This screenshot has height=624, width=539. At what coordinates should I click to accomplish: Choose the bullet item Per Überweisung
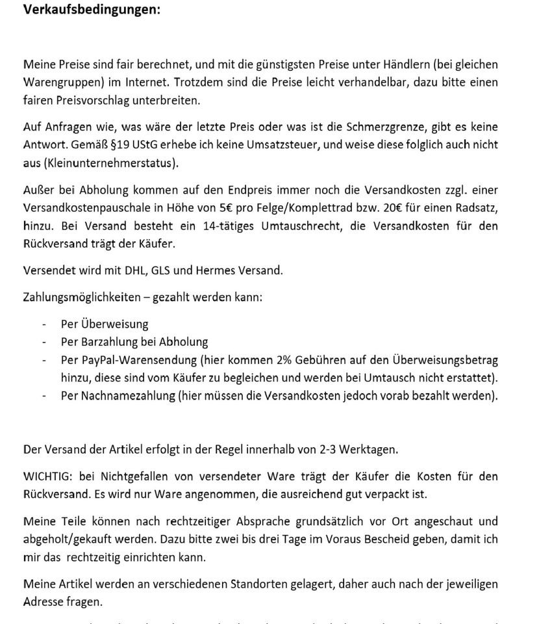pos(105,324)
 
